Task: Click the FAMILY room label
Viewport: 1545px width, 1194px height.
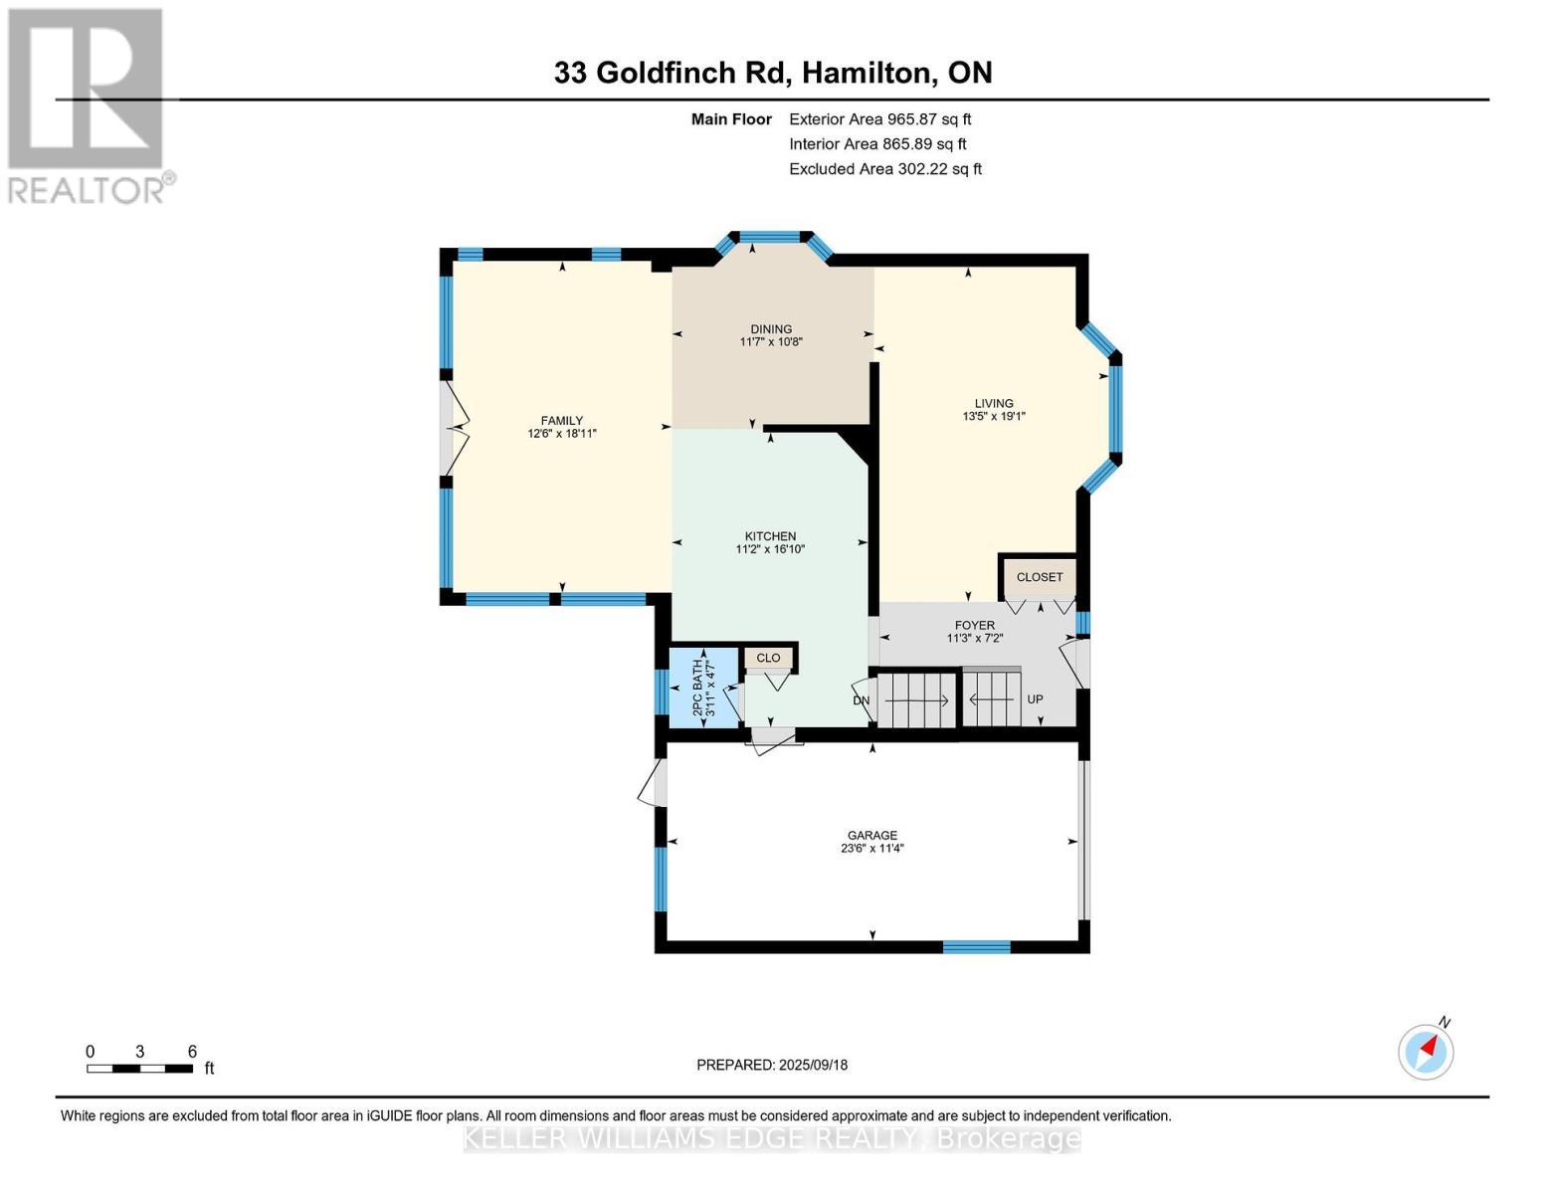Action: click(x=561, y=421)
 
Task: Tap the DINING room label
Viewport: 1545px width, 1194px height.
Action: click(x=771, y=329)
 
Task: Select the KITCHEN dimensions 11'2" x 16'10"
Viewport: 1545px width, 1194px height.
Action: click(x=770, y=549)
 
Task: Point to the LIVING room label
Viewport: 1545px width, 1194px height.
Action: click(x=994, y=404)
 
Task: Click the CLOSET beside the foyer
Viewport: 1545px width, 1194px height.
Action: click(x=1040, y=577)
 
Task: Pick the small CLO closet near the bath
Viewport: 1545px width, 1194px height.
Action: click(x=768, y=658)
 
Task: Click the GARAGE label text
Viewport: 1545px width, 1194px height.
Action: click(x=872, y=836)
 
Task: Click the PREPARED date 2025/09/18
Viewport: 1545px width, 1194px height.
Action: click(x=772, y=1065)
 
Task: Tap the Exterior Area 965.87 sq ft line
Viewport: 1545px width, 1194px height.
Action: click(x=879, y=119)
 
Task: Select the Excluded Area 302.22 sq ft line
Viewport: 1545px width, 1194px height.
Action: click(x=885, y=169)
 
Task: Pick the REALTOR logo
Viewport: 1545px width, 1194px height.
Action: click(x=88, y=105)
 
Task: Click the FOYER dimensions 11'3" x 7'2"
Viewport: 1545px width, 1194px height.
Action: click(x=974, y=639)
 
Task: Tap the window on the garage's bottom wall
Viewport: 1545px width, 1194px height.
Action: click(x=976, y=947)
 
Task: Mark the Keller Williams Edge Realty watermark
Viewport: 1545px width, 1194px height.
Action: click(x=772, y=1138)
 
